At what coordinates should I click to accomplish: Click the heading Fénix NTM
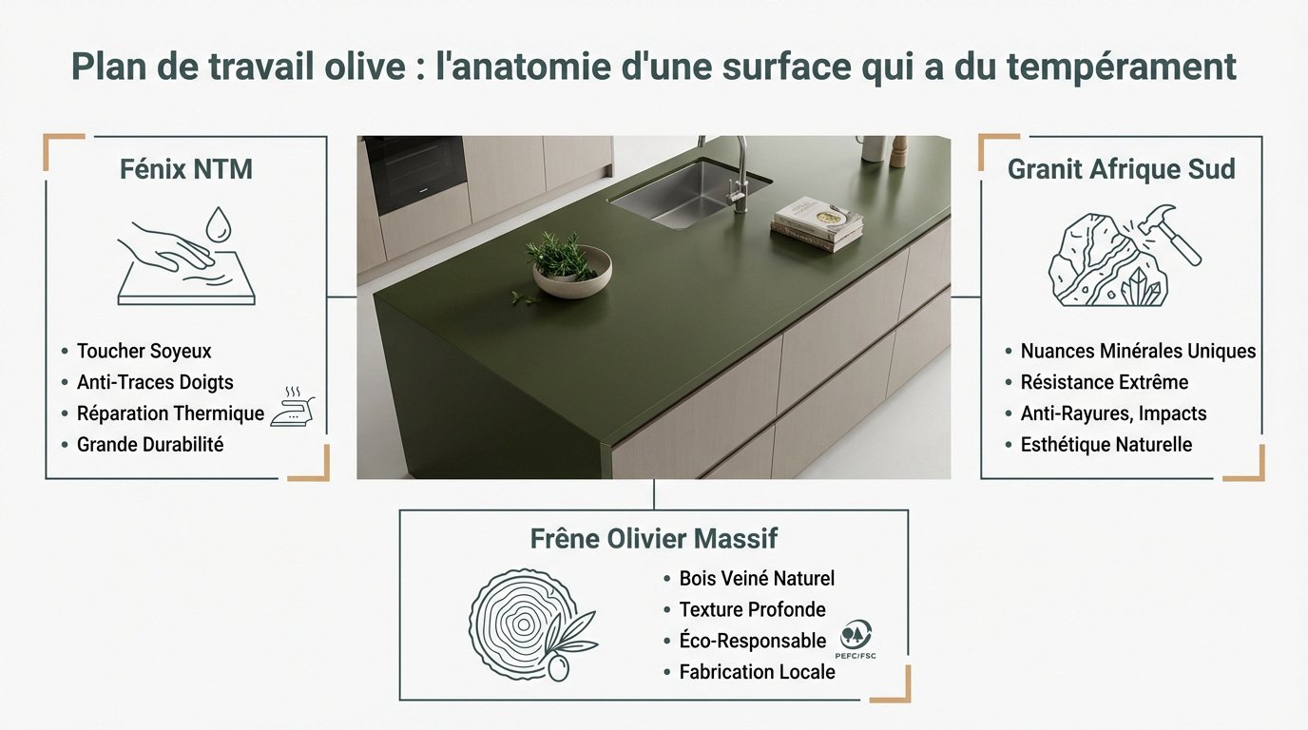tap(186, 169)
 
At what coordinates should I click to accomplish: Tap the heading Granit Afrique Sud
tap(1121, 169)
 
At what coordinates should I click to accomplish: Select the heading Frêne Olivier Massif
tap(653, 539)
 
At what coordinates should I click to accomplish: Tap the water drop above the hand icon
tap(220, 224)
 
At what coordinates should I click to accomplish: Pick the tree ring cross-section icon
tap(518, 623)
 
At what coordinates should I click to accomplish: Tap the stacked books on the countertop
tap(817, 224)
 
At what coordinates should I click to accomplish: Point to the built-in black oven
tap(414, 173)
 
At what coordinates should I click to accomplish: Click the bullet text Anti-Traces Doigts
tap(155, 382)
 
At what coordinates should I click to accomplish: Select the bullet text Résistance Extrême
tap(1104, 382)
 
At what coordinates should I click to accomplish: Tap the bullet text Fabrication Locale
tap(757, 672)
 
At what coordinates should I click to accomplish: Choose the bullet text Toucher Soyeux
tap(144, 351)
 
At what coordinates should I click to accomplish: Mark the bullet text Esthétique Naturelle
tap(1106, 444)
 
